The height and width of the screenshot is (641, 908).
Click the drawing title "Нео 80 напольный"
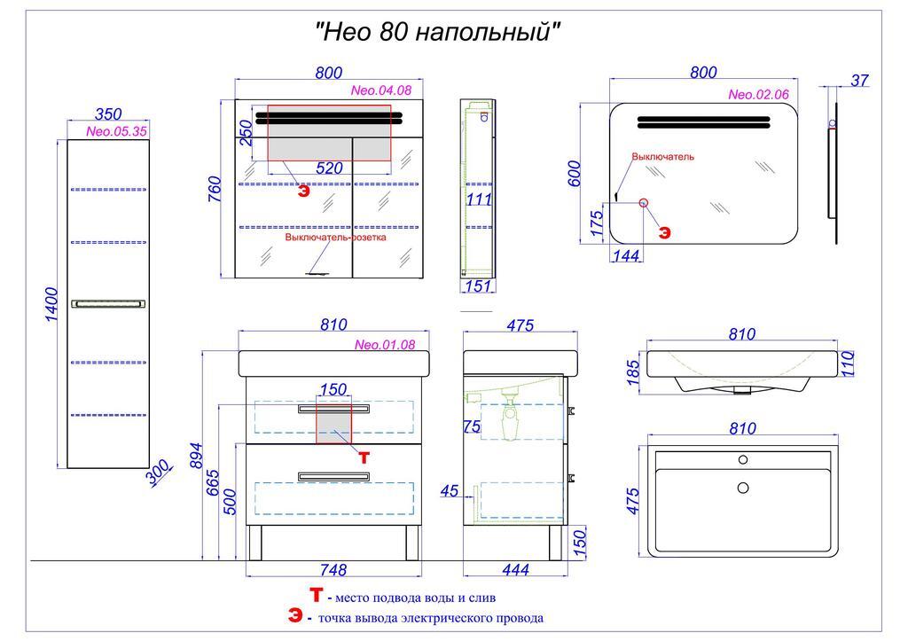pos(438,33)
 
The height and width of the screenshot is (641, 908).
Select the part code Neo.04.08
pos(381,90)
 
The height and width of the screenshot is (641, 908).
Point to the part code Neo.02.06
pos(758,95)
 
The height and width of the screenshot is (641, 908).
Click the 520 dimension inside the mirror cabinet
pos(329,168)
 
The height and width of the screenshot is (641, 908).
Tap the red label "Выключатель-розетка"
pos(335,238)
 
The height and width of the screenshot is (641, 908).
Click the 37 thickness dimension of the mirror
pos(858,81)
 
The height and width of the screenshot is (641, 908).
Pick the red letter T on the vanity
pos(363,457)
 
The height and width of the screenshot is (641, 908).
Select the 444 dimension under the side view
pos(514,570)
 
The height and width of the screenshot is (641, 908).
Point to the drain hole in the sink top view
pos(743,487)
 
